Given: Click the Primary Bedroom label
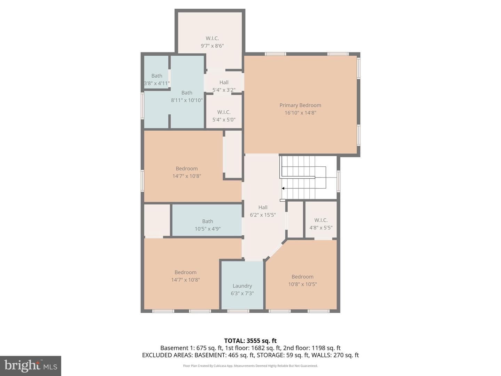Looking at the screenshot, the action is [x=300, y=105].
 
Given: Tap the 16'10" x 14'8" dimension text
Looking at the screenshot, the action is [x=300, y=113].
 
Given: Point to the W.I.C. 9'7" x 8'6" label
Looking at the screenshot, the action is [x=212, y=42].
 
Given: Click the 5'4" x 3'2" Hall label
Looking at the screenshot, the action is [x=224, y=86].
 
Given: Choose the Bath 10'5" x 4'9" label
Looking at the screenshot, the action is [x=207, y=225].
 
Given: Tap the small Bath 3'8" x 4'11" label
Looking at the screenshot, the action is [x=157, y=79].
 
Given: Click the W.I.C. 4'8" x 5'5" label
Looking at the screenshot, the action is [x=321, y=224].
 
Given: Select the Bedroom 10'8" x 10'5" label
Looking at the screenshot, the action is [x=302, y=280].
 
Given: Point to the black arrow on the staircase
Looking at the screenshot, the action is [x=283, y=188].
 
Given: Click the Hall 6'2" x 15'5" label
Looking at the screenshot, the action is [x=263, y=211].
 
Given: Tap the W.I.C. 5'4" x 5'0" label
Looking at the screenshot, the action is [x=224, y=116].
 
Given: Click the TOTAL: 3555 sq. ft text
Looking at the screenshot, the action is [x=250, y=341].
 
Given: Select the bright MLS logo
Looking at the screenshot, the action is [x=31, y=366].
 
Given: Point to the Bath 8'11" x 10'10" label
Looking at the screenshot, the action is [x=187, y=96].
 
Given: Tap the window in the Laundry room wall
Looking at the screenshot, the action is [x=238, y=311].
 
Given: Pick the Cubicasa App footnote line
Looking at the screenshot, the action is [x=250, y=366].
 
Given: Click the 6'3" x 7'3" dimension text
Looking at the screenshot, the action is [x=242, y=293].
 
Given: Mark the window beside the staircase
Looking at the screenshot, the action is [x=339, y=181].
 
